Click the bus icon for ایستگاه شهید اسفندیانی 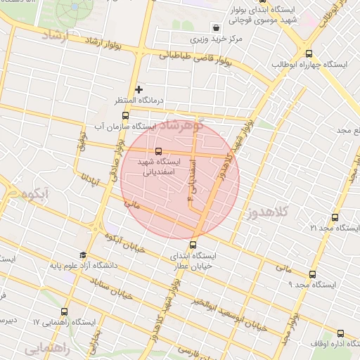click(158, 150)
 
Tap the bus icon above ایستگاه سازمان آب click(125, 116)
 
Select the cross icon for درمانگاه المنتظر click(139, 89)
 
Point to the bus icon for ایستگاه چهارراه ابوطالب click(309, 53)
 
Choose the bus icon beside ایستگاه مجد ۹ click(312, 274)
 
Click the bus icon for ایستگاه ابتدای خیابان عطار click(194, 245)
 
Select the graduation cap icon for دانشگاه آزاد click(83, 255)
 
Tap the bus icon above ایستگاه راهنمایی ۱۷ click(65, 311)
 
